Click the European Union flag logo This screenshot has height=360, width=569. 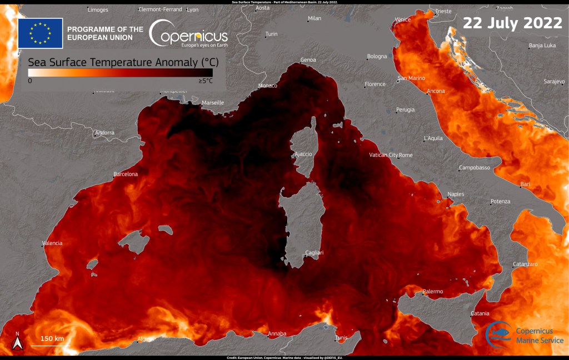pyautogui.click(x=40, y=33)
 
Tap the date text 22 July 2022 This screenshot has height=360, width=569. pyautogui.click(x=512, y=23)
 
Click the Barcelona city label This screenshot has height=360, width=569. pyautogui.click(x=126, y=174)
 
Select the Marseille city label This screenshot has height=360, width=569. pyautogui.click(x=213, y=103)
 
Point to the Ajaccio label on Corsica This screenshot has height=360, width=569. pyautogui.click(x=303, y=154)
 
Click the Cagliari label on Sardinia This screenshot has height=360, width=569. pyautogui.click(x=315, y=253)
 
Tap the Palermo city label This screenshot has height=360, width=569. pyautogui.click(x=433, y=291)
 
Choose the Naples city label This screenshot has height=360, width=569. pyautogui.click(x=456, y=194)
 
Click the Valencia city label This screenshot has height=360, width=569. pyautogui.click(x=53, y=243)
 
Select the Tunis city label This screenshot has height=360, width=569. pyautogui.click(x=341, y=338)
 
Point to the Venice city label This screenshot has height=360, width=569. pyautogui.click(x=402, y=19)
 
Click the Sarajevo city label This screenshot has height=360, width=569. pyautogui.click(x=554, y=82)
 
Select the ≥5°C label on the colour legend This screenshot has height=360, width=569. pyautogui.click(x=205, y=81)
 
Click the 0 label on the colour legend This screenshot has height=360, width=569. pyautogui.click(x=30, y=81)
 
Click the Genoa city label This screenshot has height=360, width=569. pyautogui.click(x=308, y=59)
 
